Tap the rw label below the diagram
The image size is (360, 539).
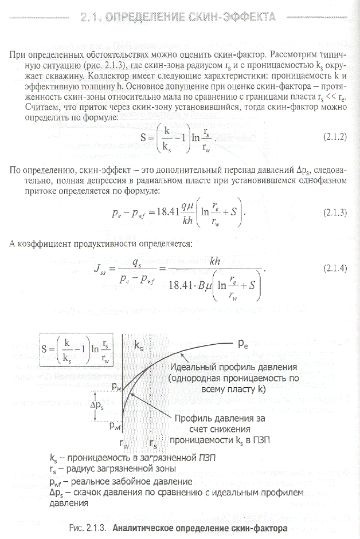point(124,443)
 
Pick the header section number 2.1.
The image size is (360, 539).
point(95,17)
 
